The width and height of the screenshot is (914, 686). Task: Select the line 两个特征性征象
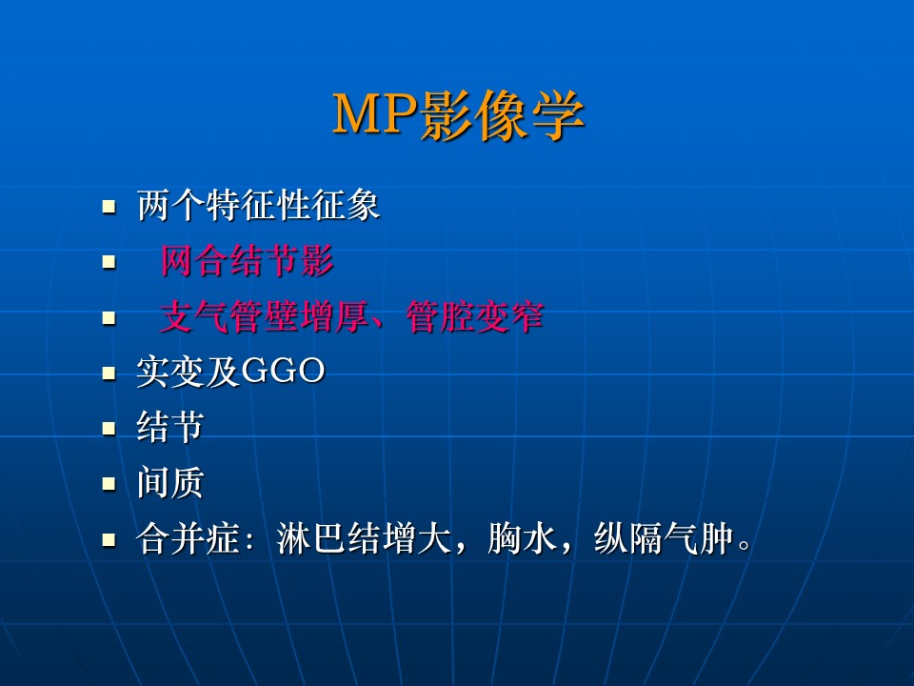pos(258,205)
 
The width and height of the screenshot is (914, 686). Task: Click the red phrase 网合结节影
pos(247,260)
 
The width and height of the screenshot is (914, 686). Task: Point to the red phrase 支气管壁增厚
pos(264,316)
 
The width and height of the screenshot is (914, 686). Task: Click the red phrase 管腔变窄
pos(475,316)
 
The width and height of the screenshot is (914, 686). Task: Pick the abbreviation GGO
pos(283,371)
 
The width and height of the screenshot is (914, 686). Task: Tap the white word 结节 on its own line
pos(169,427)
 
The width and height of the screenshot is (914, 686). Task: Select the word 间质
pos(169,482)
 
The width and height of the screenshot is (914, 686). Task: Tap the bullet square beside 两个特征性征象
pos(109,207)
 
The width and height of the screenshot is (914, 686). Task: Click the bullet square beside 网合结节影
pos(109,262)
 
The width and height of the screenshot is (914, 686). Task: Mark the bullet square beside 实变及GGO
pos(109,373)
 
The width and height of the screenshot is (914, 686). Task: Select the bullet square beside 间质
pos(109,484)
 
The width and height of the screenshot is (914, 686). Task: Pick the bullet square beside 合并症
pos(109,539)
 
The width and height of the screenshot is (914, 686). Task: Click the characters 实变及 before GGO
pos(189,372)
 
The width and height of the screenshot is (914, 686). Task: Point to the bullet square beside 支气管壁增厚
pos(109,318)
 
